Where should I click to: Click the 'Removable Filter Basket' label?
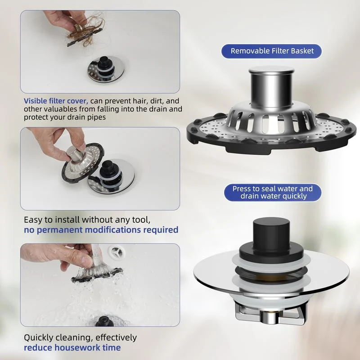pos(271,51)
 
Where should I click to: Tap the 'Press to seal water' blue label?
pos(273,193)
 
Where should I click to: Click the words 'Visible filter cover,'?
pos(56,101)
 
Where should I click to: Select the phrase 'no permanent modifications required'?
pos(101,230)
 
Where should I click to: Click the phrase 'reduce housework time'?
pos(72,347)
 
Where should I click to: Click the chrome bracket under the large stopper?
pos(271,314)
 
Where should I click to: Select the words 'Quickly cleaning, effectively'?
pos(81,337)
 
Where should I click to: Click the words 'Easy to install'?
pos(52,220)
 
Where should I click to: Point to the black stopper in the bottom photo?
pos(105,321)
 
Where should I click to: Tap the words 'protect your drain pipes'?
pos(65,117)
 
